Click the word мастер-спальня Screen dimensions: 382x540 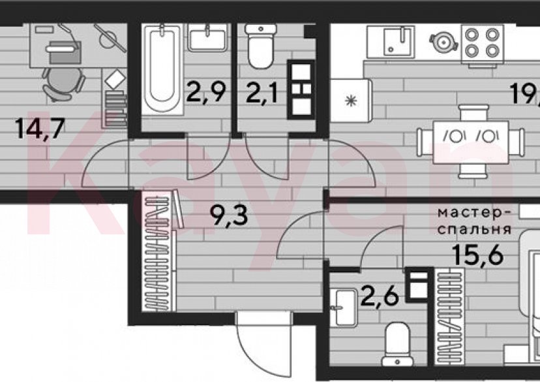(473, 221)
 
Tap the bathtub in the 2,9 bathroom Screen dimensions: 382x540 (160, 68)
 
